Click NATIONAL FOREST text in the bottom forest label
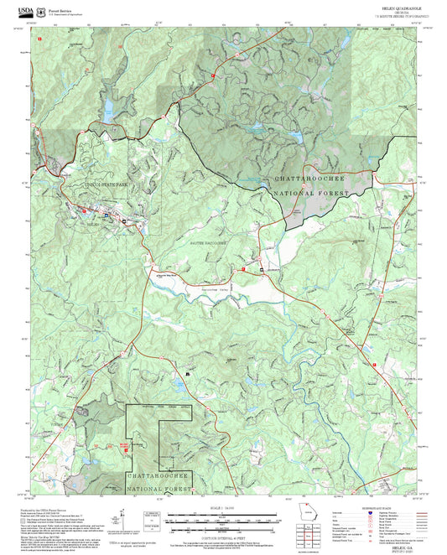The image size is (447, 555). point(159,486)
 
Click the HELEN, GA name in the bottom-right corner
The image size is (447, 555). point(400,541)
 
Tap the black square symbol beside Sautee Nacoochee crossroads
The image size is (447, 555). point(261,269)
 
